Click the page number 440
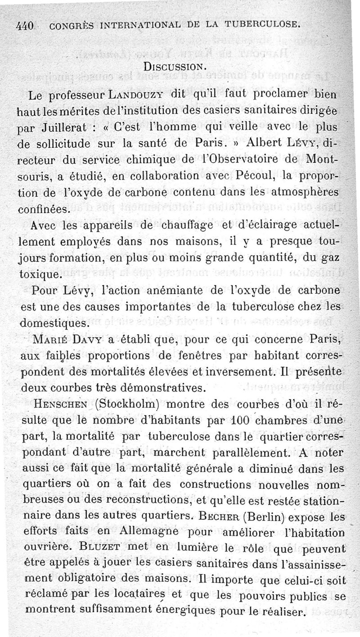[25, 27]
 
